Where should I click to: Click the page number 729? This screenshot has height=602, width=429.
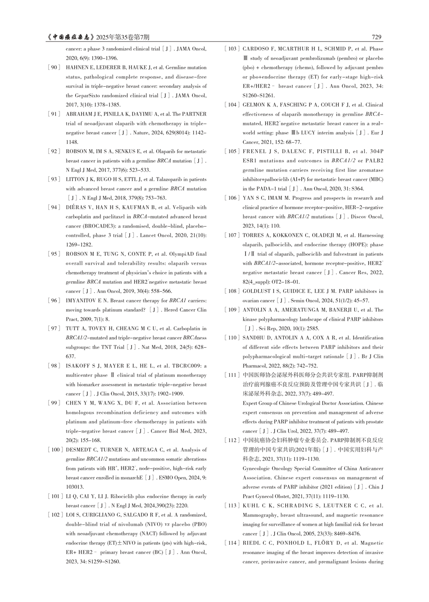[377, 37]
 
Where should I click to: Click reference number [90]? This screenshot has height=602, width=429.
[54, 67]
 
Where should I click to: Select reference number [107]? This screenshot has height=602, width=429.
[232, 235]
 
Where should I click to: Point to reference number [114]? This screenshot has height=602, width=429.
[232, 543]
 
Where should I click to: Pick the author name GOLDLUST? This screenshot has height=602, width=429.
[258, 291]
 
